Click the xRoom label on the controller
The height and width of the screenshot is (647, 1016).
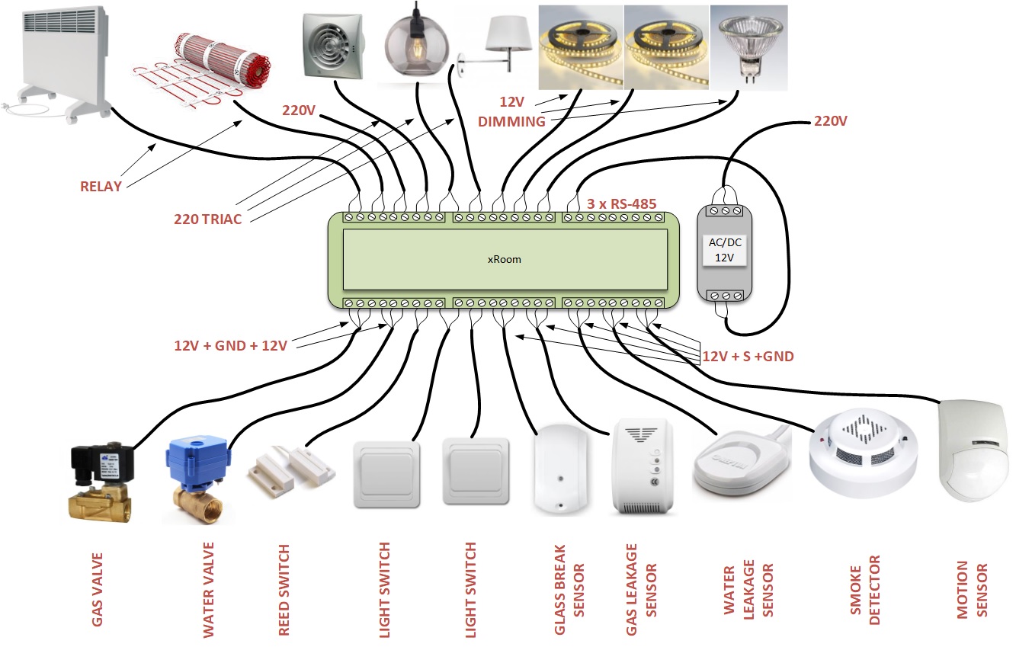click(x=504, y=259)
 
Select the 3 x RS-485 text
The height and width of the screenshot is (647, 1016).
click(x=622, y=204)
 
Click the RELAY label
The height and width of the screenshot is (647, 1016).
click(x=101, y=186)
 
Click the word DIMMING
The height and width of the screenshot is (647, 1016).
click(x=511, y=121)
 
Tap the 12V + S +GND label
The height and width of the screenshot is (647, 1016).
click(x=748, y=356)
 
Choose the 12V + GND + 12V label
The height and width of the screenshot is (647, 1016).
click(x=230, y=346)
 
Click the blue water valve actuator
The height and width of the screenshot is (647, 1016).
click(x=197, y=462)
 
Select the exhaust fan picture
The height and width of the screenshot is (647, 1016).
click(x=331, y=46)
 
